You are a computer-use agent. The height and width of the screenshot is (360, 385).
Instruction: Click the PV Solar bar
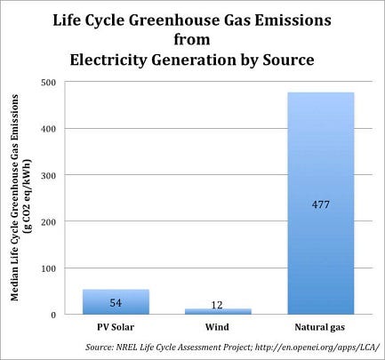116,301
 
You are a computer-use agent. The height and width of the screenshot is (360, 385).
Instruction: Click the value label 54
116,303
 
